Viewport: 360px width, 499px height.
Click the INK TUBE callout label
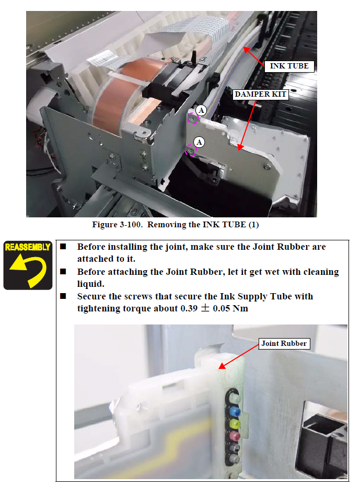(x=289, y=66)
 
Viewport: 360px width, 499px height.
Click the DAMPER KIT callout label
(x=260, y=95)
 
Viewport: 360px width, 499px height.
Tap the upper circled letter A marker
(x=201, y=110)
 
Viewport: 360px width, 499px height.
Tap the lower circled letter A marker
(x=199, y=142)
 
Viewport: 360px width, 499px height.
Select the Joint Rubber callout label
(x=284, y=344)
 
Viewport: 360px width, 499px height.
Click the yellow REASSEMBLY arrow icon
(x=28, y=269)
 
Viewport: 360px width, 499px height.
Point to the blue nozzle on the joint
(x=235, y=412)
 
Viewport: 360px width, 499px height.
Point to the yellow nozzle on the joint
(x=234, y=424)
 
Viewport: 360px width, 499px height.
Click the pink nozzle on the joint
(x=234, y=435)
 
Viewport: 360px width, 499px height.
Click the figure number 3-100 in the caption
(x=131, y=225)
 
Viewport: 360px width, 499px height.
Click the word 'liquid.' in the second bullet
(x=91, y=284)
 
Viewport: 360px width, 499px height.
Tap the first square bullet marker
(x=63, y=246)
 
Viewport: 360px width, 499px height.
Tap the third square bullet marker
(x=63, y=296)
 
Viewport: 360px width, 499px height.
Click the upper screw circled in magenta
(x=192, y=119)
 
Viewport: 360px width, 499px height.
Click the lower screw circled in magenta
(x=190, y=150)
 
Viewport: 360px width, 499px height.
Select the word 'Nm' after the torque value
(x=240, y=308)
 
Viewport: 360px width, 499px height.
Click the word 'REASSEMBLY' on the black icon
(x=28, y=247)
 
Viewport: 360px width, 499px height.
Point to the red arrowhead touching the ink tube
(x=247, y=50)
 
